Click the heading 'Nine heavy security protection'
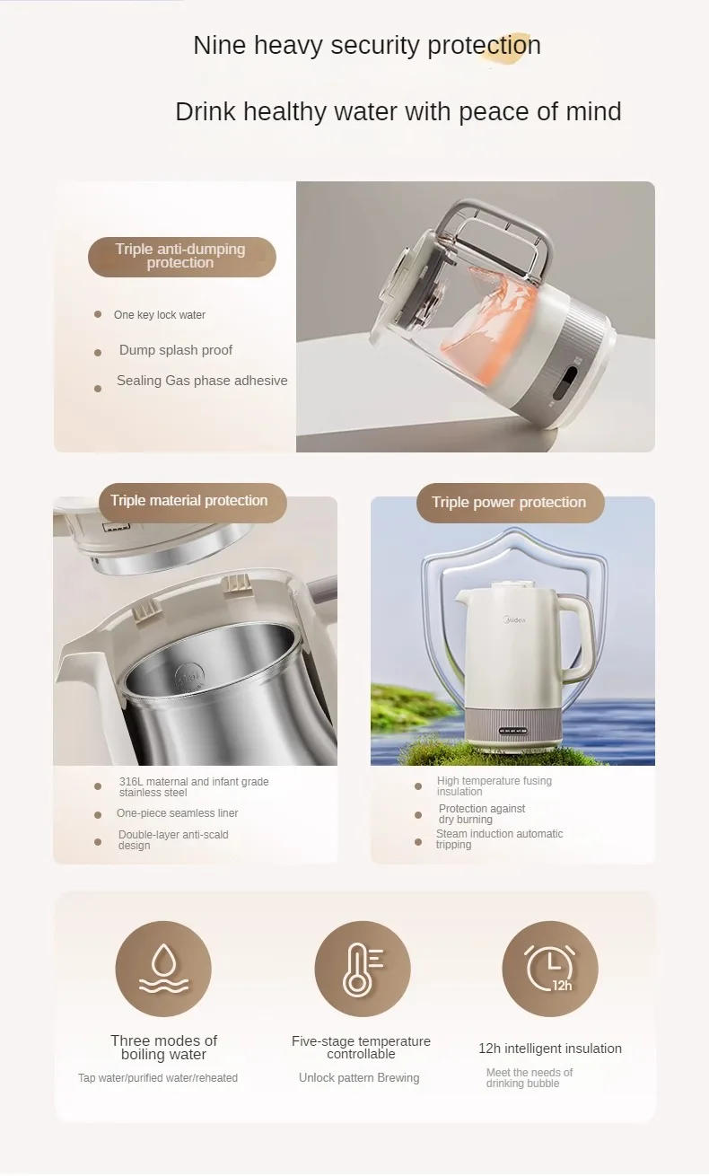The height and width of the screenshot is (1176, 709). click(366, 46)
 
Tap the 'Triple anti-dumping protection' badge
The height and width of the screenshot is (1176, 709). click(181, 257)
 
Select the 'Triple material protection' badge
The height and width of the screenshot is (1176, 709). click(189, 501)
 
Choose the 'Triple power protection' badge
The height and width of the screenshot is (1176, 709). click(509, 503)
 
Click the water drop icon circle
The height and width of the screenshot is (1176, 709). click(163, 969)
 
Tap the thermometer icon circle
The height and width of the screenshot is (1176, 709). click(362, 969)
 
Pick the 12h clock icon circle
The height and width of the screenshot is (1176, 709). click(549, 969)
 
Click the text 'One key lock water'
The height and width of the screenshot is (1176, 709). click(159, 315)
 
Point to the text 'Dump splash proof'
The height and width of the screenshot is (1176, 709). click(176, 350)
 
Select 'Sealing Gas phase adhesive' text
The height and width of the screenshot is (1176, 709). click(202, 381)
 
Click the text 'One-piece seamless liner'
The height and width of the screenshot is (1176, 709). click(177, 813)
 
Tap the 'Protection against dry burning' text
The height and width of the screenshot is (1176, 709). click(481, 814)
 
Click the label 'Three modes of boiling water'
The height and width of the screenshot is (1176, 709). click(163, 1048)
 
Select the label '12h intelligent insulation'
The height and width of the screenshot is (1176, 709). click(549, 1049)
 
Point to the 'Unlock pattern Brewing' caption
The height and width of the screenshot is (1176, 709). click(359, 1077)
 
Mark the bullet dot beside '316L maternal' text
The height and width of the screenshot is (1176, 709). click(98, 786)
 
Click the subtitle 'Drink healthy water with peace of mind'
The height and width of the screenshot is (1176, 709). click(398, 112)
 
